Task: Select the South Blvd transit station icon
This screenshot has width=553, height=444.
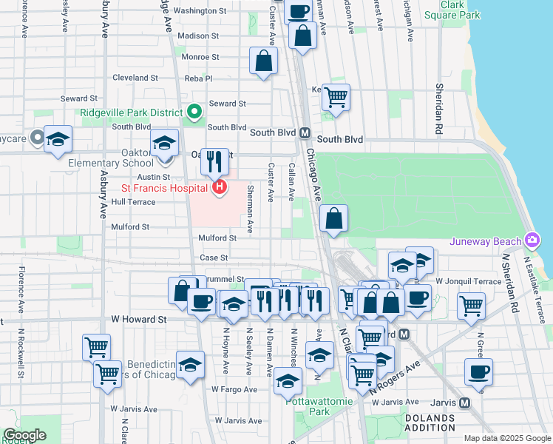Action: [304, 133]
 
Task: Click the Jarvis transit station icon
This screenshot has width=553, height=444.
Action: [464, 403]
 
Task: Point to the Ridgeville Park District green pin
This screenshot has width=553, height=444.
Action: [194, 112]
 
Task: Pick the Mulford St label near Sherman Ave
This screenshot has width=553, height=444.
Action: [217, 238]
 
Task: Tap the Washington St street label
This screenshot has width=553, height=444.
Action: [200, 11]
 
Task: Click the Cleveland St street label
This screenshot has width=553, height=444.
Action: [136, 78]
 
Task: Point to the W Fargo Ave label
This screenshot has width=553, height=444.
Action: [234, 388]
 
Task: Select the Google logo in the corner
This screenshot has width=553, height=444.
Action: [24, 435]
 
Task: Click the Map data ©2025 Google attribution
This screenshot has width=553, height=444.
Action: [506, 438]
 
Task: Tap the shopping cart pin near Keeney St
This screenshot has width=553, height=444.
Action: [336, 96]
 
